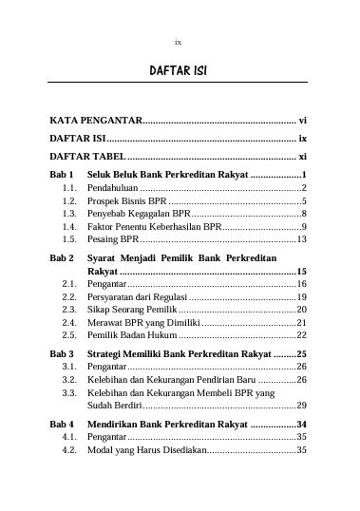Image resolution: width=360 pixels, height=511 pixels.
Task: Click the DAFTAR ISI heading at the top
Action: click(180, 71)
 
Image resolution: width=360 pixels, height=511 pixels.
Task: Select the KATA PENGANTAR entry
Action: click(95, 122)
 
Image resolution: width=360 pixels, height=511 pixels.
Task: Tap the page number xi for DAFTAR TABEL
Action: click(302, 156)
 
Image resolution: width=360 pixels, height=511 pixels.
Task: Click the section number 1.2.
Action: click(68, 202)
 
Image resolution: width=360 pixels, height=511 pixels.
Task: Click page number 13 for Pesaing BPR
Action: click(301, 240)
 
